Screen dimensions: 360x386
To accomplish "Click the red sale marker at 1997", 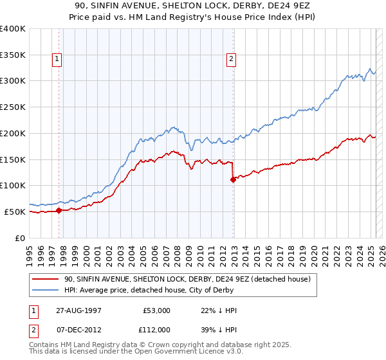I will point(59,210).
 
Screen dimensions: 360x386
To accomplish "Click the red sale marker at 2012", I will point(233,179).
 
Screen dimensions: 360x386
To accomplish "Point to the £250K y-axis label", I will point(13,107).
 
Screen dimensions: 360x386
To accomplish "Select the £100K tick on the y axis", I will point(13,186).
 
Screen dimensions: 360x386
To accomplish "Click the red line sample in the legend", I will point(46,279).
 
